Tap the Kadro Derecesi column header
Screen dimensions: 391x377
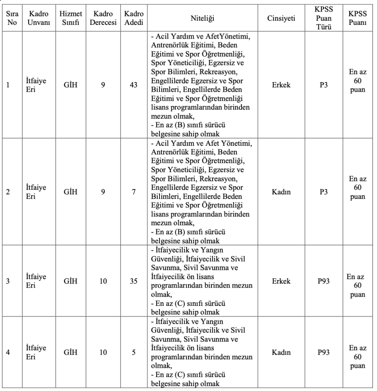click(x=103, y=18)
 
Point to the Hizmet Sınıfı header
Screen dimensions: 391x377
click(x=69, y=18)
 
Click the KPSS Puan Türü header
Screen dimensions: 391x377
click(x=324, y=18)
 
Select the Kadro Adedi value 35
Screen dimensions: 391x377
click(x=134, y=281)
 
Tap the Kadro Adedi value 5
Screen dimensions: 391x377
click(x=134, y=353)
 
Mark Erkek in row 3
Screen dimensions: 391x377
click(x=282, y=281)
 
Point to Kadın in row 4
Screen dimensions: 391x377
click(x=282, y=353)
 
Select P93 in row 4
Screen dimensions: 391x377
click(x=324, y=353)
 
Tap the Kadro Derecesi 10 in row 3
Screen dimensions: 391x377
click(x=103, y=281)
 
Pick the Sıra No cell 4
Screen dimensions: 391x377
click(x=8, y=353)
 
